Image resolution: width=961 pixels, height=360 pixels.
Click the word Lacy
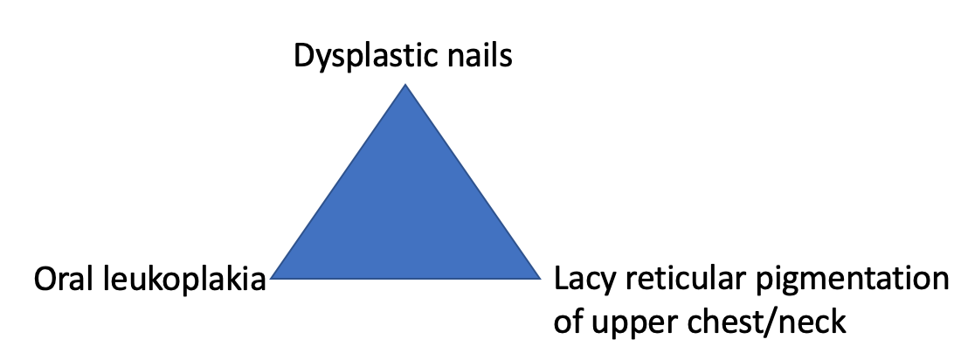click(x=583, y=281)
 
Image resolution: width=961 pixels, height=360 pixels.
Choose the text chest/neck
click(x=769, y=322)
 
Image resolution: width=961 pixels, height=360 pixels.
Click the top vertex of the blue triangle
click(x=405, y=86)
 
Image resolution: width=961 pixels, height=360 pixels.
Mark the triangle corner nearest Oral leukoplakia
click(x=273, y=277)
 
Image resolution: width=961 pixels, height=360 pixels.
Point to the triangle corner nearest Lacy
click(x=540, y=277)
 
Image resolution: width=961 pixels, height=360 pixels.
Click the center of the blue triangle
click(x=405, y=214)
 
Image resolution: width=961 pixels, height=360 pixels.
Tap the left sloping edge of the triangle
click(x=339, y=181)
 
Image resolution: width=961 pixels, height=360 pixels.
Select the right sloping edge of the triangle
click(x=473, y=181)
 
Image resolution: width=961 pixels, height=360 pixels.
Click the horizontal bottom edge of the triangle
click(x=405, y=278)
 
